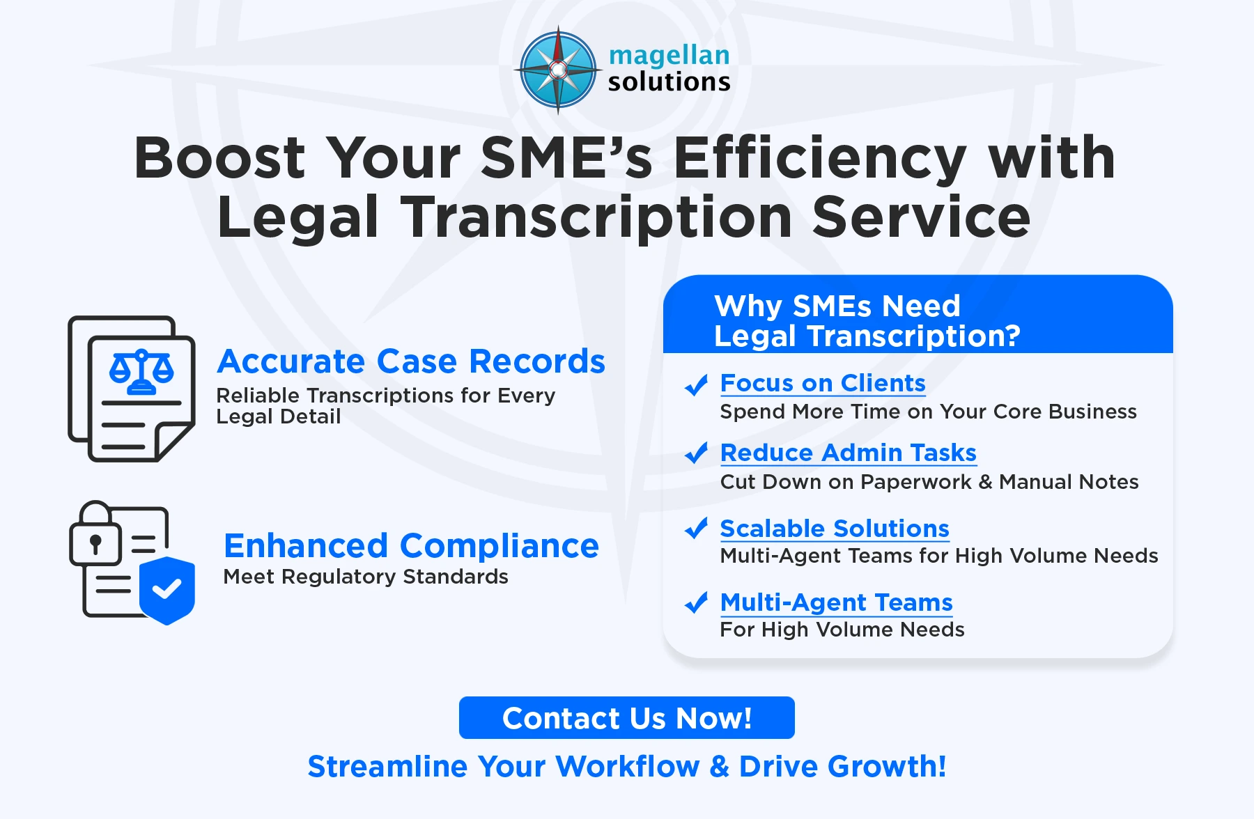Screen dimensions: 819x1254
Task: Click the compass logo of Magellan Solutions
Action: (558, 70)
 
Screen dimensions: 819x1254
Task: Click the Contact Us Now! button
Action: (626, 718)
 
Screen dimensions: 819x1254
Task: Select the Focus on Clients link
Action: (822, 384)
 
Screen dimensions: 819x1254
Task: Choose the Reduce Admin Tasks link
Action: (848, 453)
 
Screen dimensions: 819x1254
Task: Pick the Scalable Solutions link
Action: (834, 529)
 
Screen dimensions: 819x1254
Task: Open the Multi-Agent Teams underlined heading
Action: (836, 602)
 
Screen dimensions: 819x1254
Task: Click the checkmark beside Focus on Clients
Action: (696, 384)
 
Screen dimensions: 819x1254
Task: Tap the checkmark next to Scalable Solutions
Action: (696, 529)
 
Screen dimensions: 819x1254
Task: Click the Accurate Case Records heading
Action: (411, 361)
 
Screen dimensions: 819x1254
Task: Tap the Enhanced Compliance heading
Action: (411, 545)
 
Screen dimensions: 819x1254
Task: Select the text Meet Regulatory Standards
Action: (366, 577)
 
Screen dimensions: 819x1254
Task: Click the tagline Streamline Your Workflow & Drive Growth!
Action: (627, 766)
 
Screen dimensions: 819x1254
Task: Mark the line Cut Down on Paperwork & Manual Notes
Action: (929, 482)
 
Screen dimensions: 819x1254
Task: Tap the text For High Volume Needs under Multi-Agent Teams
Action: (842, 630)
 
